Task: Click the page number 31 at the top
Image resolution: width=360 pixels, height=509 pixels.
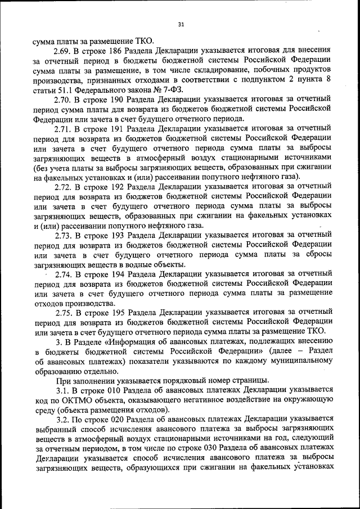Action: [x=181, y=24]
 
